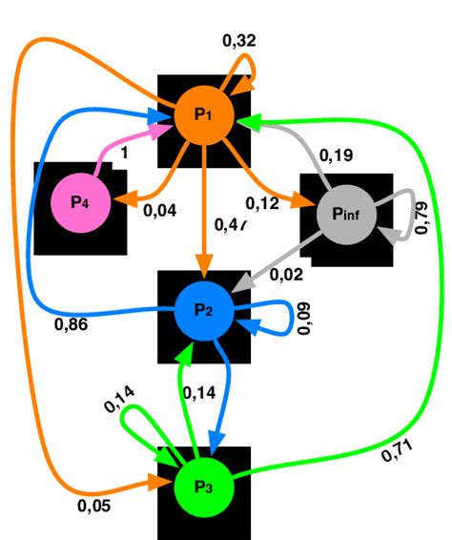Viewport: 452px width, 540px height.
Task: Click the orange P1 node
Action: pyautogui.click(x=204, y=114)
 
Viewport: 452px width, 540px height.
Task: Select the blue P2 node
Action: pyautogui.click(x=204, y=311)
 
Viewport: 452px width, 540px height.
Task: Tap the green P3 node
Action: pyautogui.click(x=204, y=487)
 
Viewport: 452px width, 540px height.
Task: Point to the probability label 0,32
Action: pyautogui.click(x=238, y=40)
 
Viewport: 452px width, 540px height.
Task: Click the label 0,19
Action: pyautogui.click(x=335, y=155)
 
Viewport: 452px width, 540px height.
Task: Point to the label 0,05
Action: pyautogui.click(x=92, y=507)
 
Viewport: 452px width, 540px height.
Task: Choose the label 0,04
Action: pyautogui.click(x=159, y=211)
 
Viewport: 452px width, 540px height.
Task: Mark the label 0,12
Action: pyautogui.click(x=262, y=203)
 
